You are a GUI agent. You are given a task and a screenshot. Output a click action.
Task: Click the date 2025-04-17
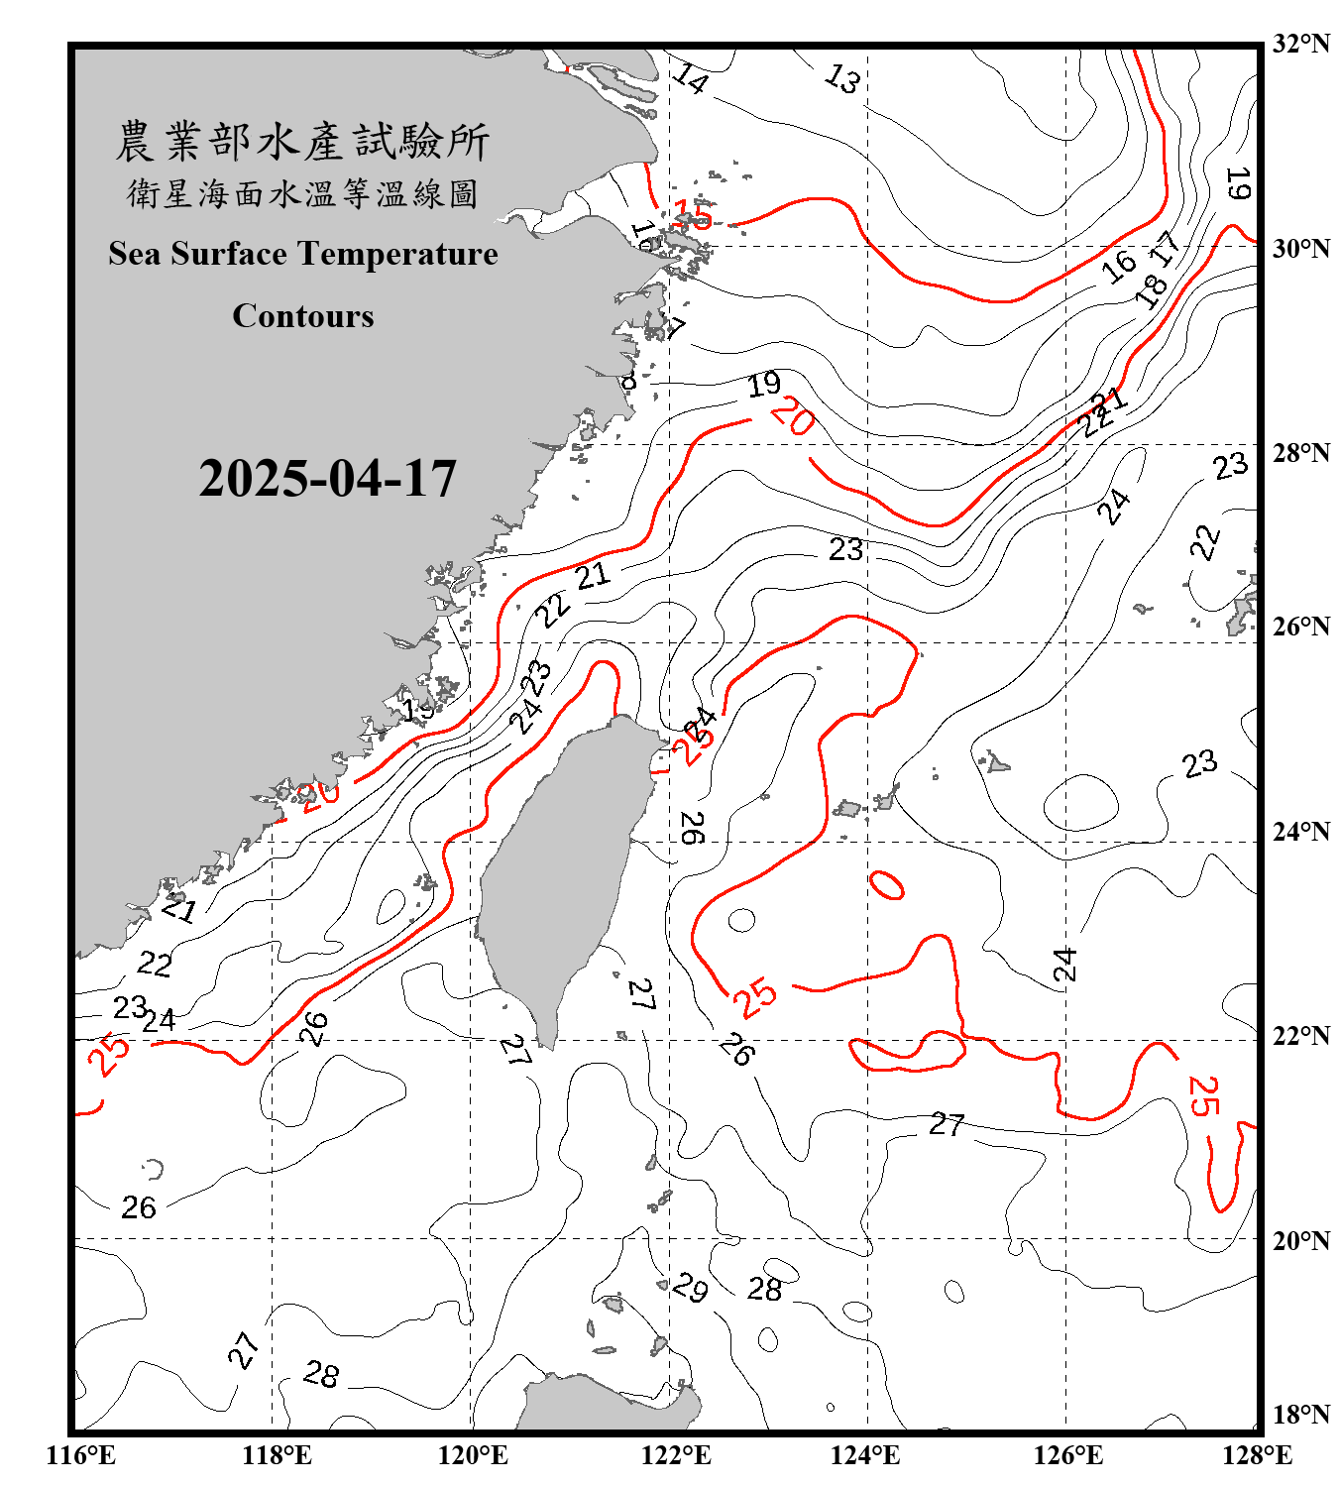click(327, 479)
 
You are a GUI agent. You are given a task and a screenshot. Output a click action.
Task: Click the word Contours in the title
click(303, 316)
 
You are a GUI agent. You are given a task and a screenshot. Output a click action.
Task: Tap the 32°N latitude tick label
click(1301, 44)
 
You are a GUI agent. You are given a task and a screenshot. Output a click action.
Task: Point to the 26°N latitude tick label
click(1301, 627)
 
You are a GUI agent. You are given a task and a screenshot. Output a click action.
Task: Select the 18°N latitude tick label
click(1301, 1415)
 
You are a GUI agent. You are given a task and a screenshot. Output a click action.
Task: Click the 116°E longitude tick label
click(81, 1455)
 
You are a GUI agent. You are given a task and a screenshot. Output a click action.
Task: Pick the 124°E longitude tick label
click(865, 1455)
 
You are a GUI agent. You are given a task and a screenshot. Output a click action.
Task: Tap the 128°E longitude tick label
click(1257, 1455)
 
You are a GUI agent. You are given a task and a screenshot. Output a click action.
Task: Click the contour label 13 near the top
click(842, 78)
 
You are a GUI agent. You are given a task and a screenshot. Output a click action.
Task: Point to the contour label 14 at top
click(690, 77)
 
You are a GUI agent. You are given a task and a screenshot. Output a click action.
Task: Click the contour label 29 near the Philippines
click(690, 1287)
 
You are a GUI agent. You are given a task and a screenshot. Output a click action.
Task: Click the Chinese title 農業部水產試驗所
click(302, 142)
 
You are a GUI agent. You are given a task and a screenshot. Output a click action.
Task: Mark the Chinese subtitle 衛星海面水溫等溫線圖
click(302, 193)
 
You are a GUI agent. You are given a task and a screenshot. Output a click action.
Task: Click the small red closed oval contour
click(887, 884)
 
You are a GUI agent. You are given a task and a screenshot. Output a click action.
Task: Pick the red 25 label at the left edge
click(109, 1055)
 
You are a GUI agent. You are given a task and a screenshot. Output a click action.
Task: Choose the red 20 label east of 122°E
click(793, 415)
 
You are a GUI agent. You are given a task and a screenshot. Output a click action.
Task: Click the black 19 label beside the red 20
click(764, 384)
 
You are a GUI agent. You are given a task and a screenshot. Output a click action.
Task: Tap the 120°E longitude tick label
click(473, 1455)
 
